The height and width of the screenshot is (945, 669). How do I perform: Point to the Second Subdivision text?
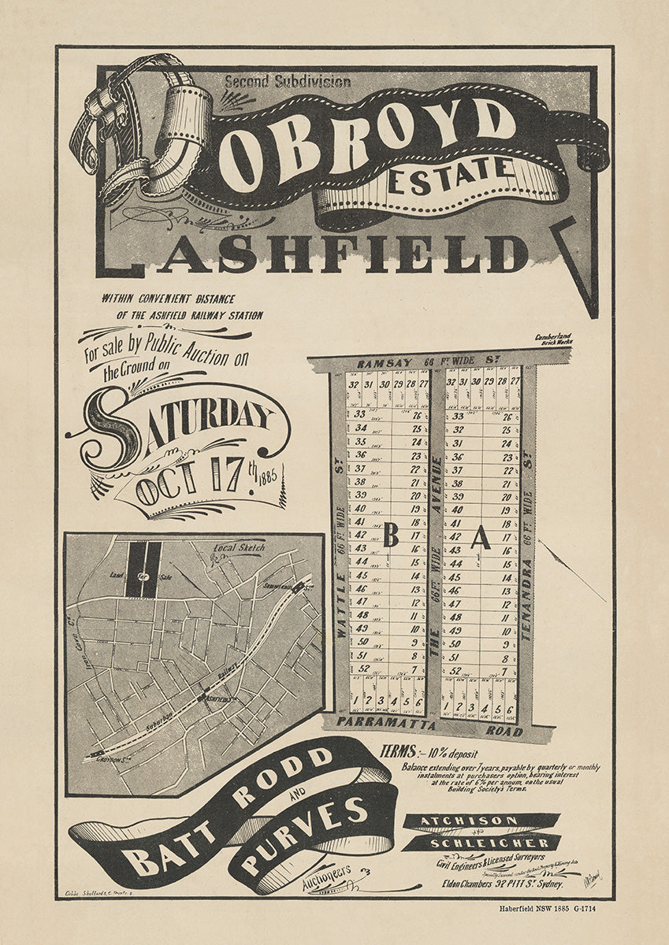[x=288, y=80]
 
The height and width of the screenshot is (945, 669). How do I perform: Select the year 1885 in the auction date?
[x=267, y=476]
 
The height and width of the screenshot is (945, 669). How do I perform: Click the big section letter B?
[x=390, y=537]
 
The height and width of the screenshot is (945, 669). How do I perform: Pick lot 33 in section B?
[x=360, y=414]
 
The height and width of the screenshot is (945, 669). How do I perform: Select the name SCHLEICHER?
[x=480, y=841]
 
